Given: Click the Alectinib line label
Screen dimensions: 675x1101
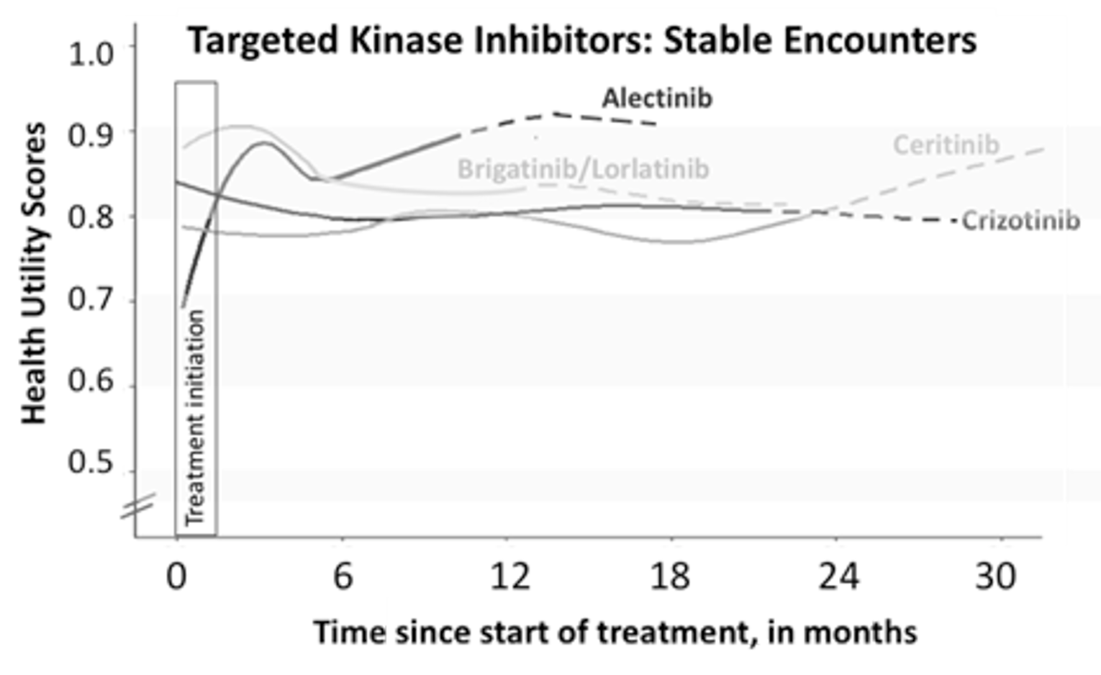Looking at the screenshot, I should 657,98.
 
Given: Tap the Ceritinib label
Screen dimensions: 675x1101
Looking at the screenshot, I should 946,145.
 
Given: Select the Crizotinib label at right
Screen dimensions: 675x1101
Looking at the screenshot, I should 1020,220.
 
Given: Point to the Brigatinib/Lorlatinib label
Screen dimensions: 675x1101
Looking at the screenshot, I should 583,169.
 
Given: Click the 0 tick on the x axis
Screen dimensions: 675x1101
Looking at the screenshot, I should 177,576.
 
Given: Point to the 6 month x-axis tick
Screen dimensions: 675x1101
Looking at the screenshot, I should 343,576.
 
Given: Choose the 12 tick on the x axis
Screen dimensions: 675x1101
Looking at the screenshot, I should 509,576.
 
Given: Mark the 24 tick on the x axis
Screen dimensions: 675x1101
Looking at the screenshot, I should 838,576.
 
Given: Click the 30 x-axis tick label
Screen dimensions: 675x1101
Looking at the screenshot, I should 996,576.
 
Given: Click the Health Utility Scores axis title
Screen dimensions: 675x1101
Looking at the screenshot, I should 34,273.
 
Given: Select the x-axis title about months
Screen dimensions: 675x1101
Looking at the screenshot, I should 615,633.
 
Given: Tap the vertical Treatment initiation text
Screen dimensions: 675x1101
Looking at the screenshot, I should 195,417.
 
